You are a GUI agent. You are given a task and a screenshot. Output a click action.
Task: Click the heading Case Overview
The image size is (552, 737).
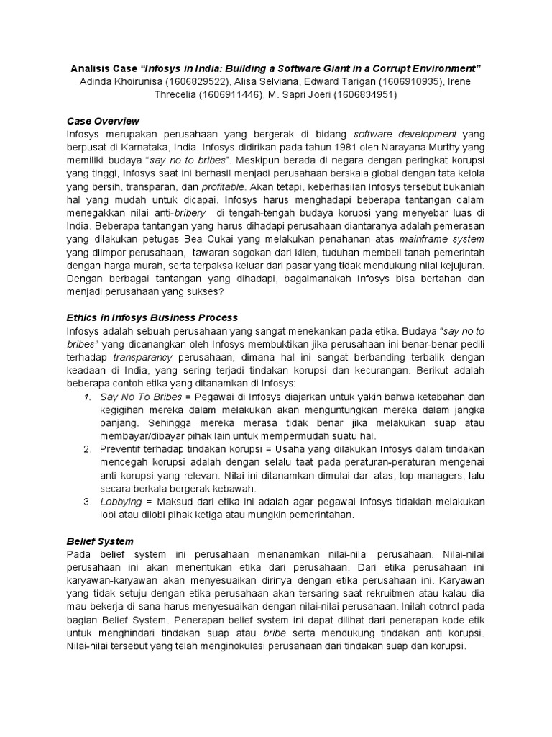coord(103,121)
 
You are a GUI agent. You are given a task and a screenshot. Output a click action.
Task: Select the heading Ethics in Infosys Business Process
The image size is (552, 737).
coord(152,317)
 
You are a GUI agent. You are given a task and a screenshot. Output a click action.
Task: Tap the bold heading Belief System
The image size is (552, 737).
coord(100,541)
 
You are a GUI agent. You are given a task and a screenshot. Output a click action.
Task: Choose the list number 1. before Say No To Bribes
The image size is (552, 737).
coord(88,397)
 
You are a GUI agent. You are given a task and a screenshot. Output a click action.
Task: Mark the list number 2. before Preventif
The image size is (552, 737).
coord(88,449)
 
